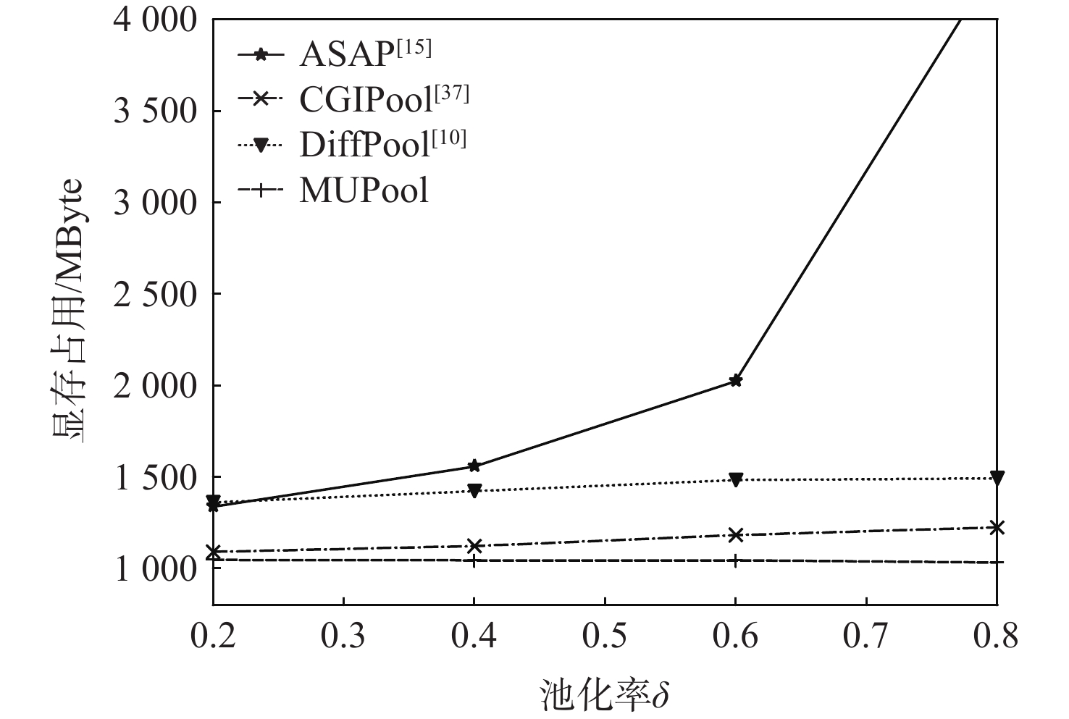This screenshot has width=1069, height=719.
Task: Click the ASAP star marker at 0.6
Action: [736, 380]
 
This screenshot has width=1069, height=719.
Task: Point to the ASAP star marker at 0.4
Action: [474, 466]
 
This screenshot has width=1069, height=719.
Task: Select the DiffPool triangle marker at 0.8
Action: [997, 477]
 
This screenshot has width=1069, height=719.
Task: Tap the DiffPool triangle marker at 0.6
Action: [736, 479]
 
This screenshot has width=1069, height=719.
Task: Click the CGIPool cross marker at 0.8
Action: [997, 527]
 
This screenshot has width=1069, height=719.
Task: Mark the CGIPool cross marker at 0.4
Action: [474, 546]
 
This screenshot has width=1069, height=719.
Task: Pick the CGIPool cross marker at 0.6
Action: [736, 535]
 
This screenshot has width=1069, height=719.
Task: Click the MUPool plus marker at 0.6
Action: [736, 560]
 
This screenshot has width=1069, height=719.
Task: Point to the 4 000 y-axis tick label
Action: [155, 20]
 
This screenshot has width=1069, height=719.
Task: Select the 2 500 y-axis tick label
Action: [155, 294]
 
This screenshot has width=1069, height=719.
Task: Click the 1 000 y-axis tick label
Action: [155, 569]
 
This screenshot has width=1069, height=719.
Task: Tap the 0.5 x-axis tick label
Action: [604, 636]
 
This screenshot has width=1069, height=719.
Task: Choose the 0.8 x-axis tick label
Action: [997, 636]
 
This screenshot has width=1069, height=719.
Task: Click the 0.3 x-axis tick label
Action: [343, 636]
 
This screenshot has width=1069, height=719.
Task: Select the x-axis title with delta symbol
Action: [604, 696]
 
